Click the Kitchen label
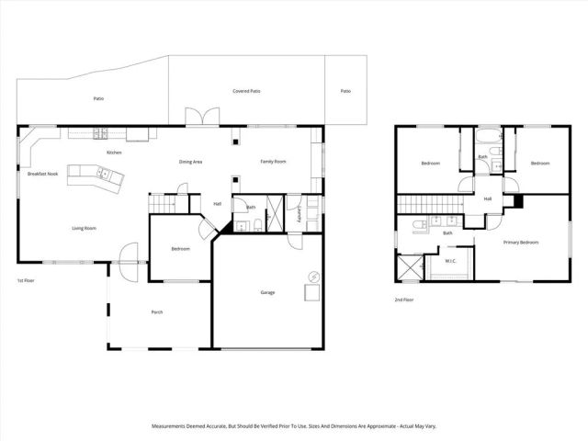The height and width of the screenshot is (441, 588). coord(114,153)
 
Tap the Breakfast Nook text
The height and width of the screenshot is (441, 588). coord(43,174)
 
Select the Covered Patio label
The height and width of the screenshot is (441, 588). coord(246,92)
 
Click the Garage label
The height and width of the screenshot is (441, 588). coord(266,293)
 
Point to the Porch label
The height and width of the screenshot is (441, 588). coord(157,312)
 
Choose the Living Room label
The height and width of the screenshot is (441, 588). coord(85,229)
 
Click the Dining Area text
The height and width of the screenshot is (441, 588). coord(190,163)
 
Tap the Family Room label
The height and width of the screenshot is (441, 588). coord(273,162)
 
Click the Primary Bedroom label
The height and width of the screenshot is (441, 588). coord(520,243)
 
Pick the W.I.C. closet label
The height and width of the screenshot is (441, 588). coord(450,261)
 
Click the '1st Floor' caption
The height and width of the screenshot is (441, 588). coord(27,279)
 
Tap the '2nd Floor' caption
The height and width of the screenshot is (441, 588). coord(404,300)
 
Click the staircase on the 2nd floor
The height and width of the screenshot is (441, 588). coord(428,203)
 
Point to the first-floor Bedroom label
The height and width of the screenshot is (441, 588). coord(181,249)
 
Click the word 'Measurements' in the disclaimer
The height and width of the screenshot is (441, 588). coord(171,426)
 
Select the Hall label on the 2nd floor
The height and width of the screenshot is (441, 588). coord(487,199)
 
